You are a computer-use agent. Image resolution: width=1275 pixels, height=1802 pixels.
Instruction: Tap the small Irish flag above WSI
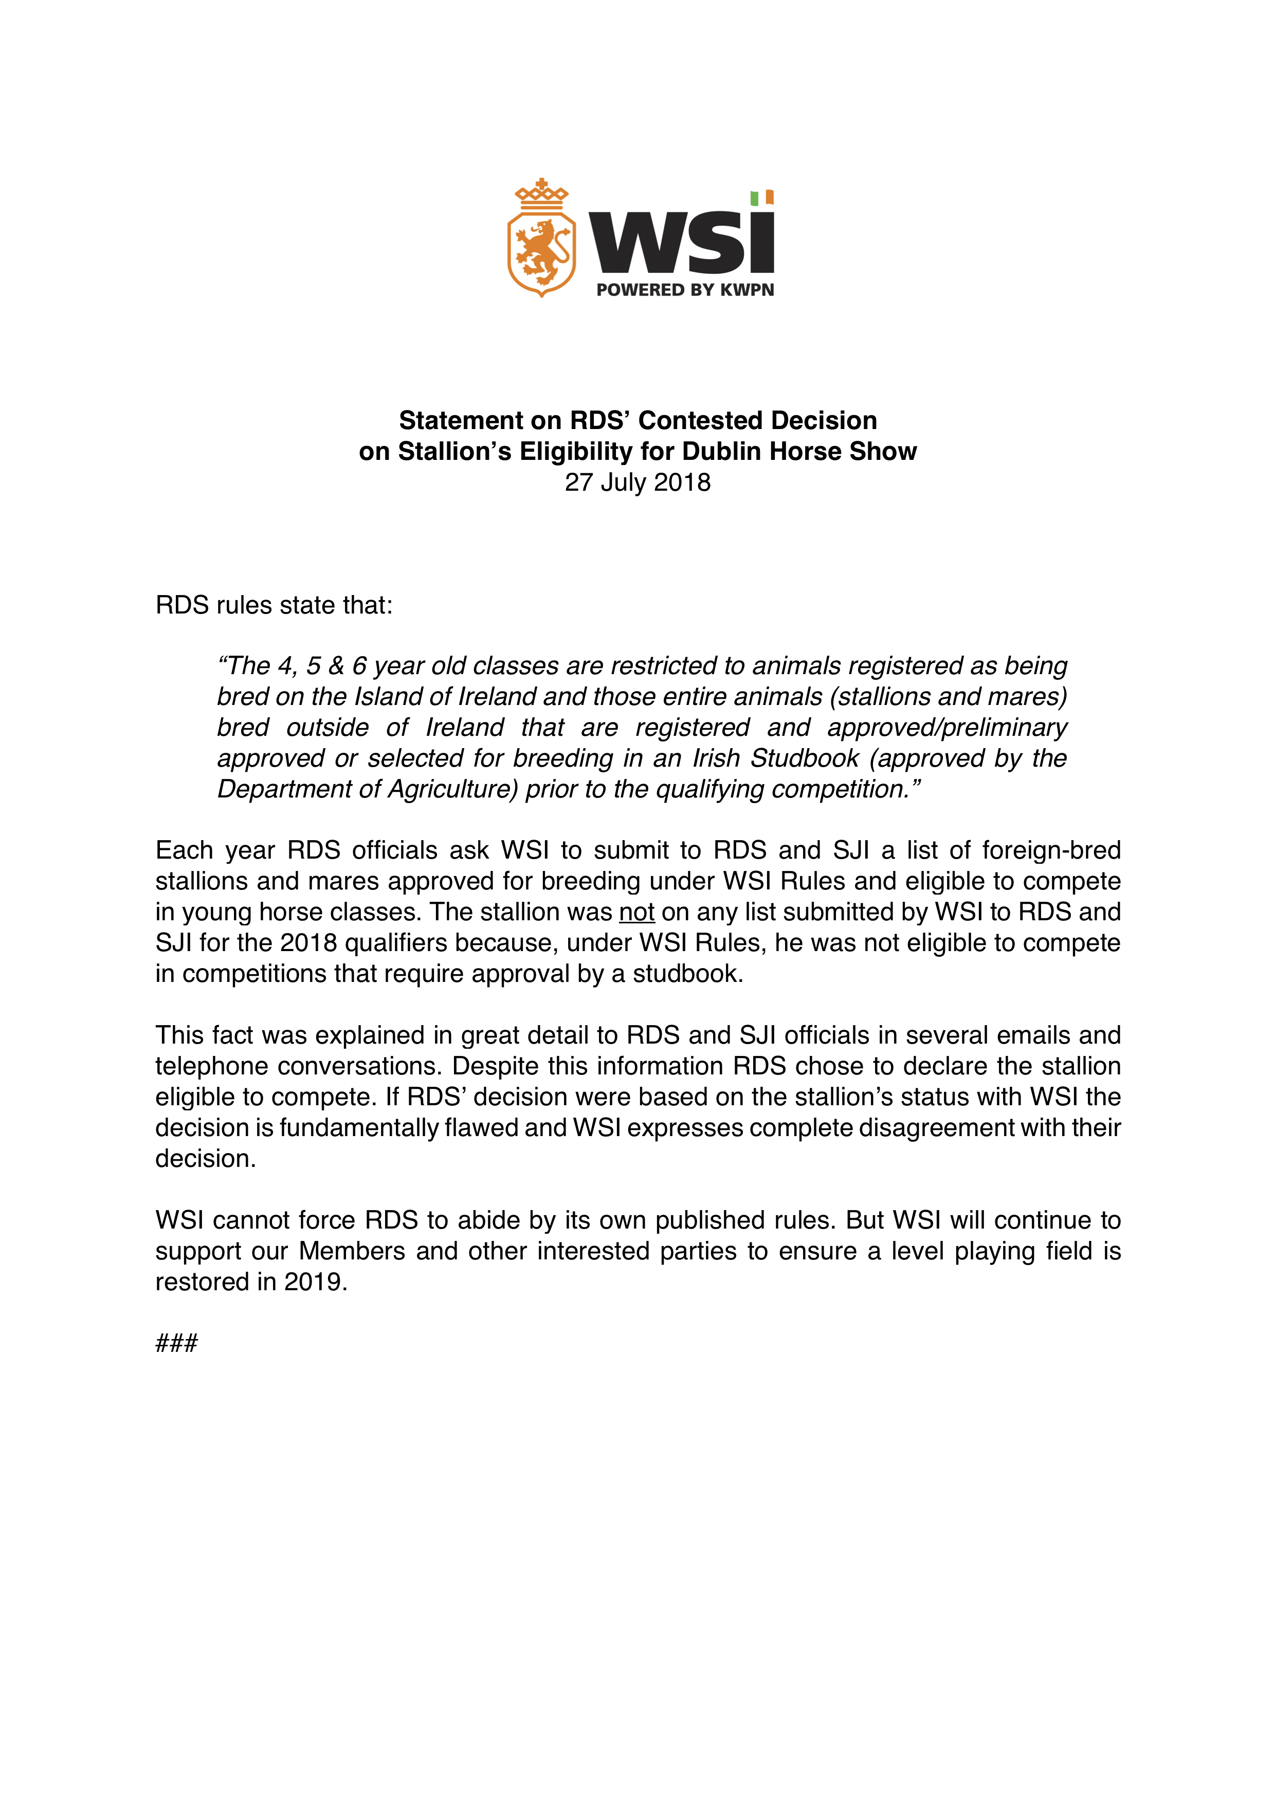pos(761,198)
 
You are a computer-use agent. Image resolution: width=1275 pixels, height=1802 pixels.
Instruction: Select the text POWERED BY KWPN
pos(685,290)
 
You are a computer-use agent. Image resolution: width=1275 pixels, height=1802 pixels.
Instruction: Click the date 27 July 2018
pos(637,482)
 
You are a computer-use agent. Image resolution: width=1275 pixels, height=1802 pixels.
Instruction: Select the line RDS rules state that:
pos(273,605)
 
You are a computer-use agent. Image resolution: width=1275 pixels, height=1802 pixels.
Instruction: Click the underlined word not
pos(636,912)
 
